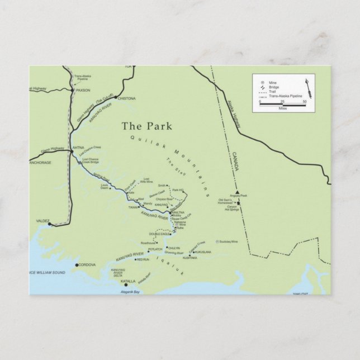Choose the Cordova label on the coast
[88, 264]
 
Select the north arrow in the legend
[306, 89]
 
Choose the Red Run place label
[143, 260]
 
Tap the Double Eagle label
[159, 234]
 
